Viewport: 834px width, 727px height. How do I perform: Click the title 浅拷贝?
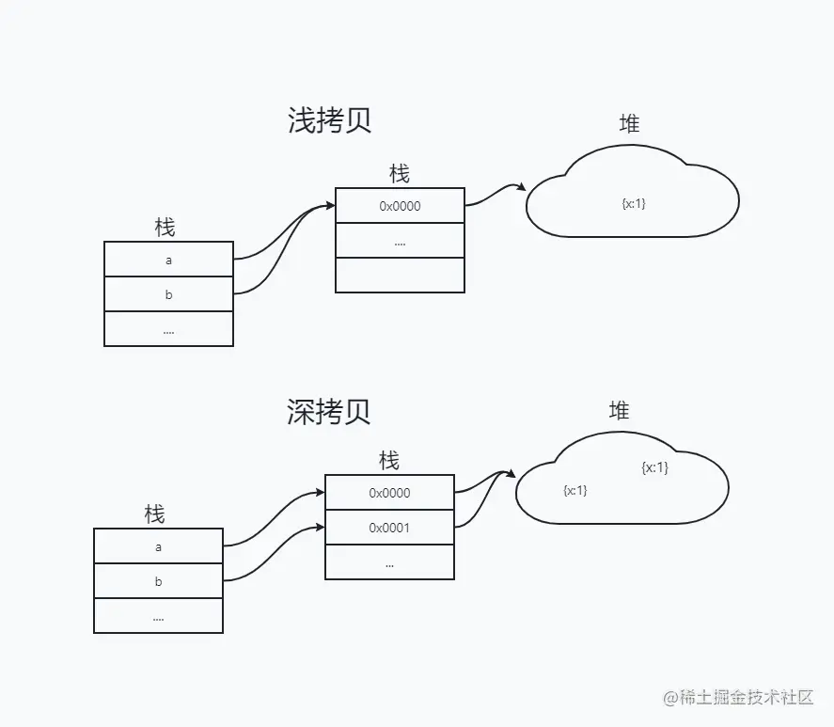(x=330, y=121)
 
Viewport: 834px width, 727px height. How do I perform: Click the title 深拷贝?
(x=329, y=411)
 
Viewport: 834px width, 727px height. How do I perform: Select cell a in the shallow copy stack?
(x=168, y=260)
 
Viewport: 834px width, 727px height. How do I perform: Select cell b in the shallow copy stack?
(x=168, y=294)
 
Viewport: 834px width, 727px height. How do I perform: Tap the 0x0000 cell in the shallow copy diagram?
(x=400, y=206)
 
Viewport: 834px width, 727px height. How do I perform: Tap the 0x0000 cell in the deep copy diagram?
(x=389, y=493)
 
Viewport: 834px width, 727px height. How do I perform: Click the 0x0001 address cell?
(x=389, y=528)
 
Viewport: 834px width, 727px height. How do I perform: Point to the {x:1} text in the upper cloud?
(x=634, y=203)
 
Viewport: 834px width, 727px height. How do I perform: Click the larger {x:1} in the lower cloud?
(x=654, y=467)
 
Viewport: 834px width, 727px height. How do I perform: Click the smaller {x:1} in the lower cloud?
(x=574, y=490)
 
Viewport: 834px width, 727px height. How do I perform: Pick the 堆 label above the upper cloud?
(x=629, y=123)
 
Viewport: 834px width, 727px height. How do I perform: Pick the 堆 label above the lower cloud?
(x=619, y=411)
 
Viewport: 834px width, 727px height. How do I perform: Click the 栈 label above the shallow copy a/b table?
(x=165, y=227)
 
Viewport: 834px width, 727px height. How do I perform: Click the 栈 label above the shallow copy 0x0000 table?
(x=400, y=174)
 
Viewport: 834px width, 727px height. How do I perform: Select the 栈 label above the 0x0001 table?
(x=389, y=461)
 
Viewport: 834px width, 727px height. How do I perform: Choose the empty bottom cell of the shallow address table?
(x=400, y=275)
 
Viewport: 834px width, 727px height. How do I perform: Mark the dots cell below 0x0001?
(x=389, y=562)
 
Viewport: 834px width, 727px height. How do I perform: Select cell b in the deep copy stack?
(x=158, y=581)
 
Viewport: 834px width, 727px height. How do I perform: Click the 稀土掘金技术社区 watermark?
(x=737, y=698)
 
